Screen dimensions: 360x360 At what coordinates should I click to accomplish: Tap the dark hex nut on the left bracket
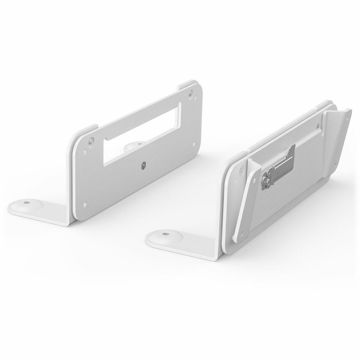(142, 166)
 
